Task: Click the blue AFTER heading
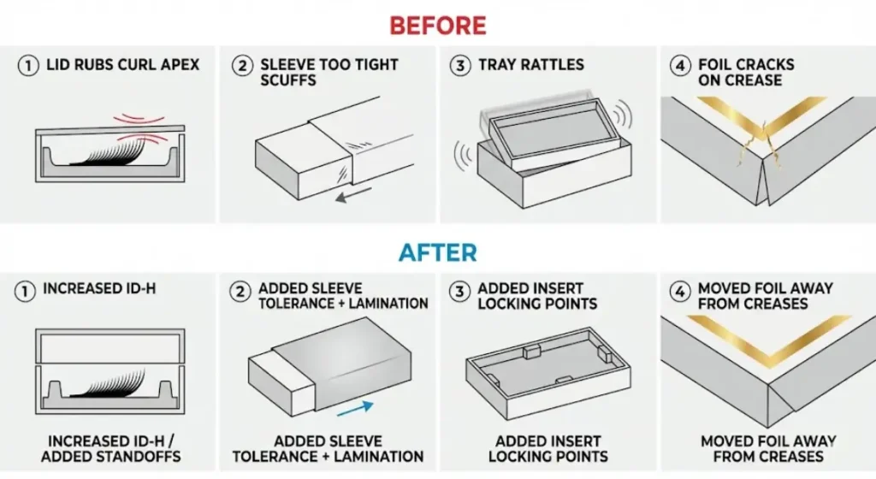tap(437, 252)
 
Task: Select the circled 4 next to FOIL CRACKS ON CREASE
tap(680, 65)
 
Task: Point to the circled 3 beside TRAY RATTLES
tap(460, 65)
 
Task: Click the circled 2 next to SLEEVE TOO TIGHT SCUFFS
tap(242, 65)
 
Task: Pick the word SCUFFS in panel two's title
tap(288, 80)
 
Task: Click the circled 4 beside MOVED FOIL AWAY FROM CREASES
tap(680, 291)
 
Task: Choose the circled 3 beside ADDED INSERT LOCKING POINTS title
tap(460, 291)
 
